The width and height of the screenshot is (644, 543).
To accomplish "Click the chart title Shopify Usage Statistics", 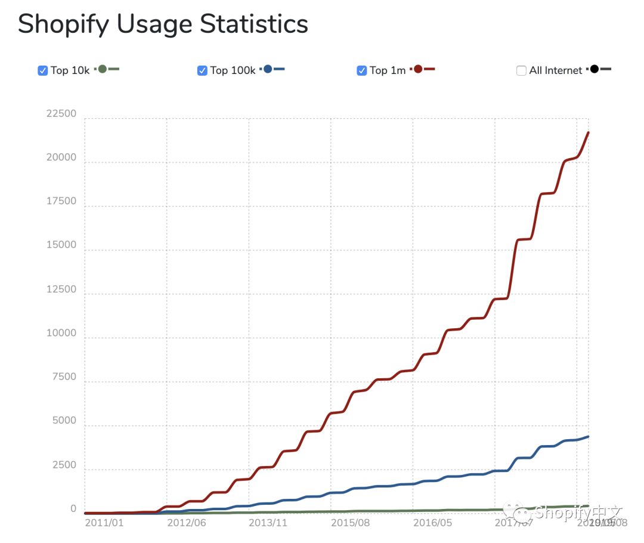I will (x=163, y=24).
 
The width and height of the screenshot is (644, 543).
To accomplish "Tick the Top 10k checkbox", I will (x=43, y=70).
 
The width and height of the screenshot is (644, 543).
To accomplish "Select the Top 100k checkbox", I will (x=202, y=70).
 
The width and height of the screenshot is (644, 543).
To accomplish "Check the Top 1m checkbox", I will (x=361, y=70).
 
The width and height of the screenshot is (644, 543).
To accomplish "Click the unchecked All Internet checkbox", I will (x=521, y=70).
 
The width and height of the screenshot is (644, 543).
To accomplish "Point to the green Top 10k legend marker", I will (x=103, y=69).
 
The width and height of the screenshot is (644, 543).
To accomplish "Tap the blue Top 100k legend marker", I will (x=268, y=69).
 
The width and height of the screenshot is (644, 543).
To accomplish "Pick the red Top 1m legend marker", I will (x=418, y=69).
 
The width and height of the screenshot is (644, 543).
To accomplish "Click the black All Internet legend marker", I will (x=595, y=69).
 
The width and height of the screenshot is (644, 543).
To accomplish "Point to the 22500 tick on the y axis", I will (x=61, y=113).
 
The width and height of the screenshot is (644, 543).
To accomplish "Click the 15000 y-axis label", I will (x=61, y=245).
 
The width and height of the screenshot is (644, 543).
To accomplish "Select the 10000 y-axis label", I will (x=61, y=334).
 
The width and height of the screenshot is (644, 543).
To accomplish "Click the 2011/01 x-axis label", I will (x=104, y=523).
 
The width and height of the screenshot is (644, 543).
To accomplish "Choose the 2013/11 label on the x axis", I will (x=268, y=523).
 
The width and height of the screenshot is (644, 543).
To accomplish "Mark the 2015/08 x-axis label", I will (x=350, y=523).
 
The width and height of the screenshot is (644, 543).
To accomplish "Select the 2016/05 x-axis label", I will (x=432, y=523).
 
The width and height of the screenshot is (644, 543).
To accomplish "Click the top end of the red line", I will (x=589, y=132).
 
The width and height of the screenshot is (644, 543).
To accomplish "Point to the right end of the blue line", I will (x=589, y=437).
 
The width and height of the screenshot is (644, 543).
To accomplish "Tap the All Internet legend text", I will (x=555, y=70).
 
